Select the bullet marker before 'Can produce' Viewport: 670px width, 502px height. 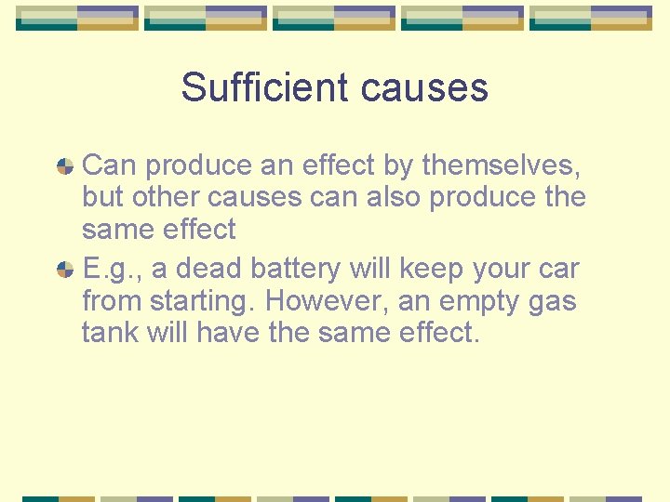point(65,166)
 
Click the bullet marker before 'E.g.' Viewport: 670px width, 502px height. point(65,270)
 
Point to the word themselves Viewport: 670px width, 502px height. point(502,165)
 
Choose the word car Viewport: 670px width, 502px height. point(558,270)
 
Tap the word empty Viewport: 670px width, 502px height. point(482,302)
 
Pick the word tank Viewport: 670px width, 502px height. point(109,333)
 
